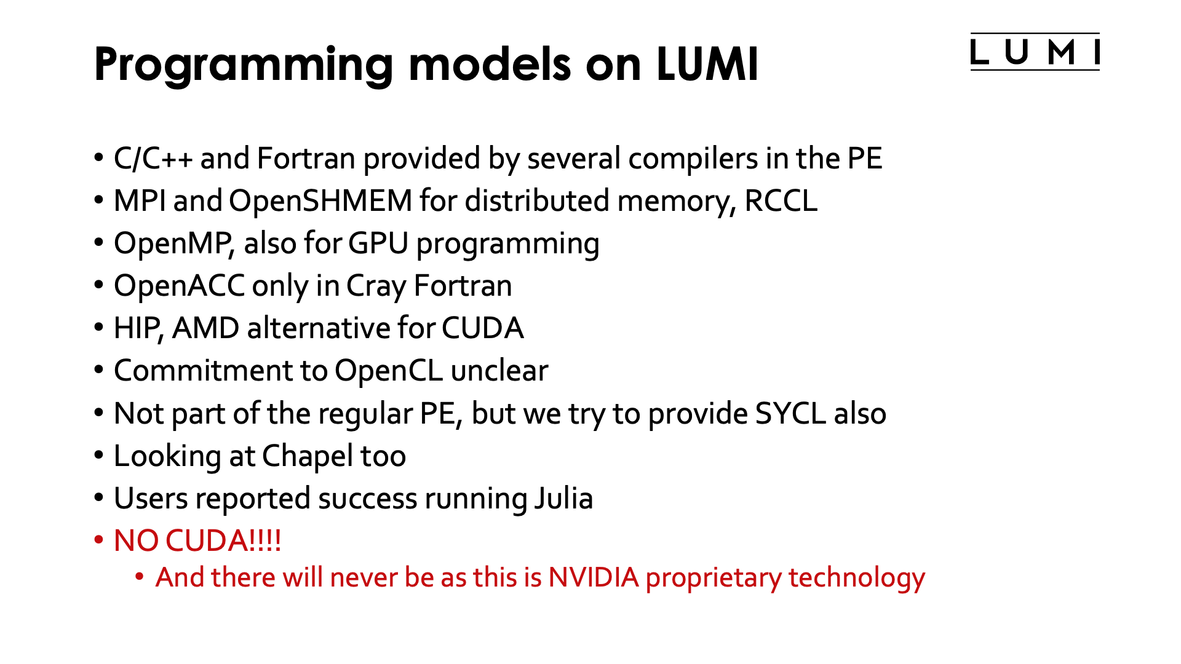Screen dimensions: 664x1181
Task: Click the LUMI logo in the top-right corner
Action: [1035, 52]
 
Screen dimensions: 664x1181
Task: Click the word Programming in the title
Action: [244, 65]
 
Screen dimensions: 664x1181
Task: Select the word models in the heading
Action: [490, 64]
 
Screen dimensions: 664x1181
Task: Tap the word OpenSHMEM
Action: [320, 202]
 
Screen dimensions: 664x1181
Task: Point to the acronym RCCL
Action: [781, 202]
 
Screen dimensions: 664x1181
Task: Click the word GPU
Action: [378, 243]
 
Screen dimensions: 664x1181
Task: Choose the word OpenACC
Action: [179, 287]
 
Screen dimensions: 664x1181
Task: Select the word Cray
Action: [376, 287]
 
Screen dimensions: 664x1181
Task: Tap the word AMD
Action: [205, 329]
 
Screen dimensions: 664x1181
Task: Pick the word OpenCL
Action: [388, 371]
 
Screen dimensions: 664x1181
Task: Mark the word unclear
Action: [499, 371]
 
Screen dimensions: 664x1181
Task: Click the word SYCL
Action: [790, 414]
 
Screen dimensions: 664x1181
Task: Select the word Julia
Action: [563, 499]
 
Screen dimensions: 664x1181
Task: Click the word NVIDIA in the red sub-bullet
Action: [594, 578]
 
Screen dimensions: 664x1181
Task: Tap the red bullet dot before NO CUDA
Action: [98, 541]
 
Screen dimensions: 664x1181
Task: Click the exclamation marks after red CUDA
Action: [265, 541]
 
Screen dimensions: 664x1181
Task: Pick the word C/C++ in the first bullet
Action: [153, 159]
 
